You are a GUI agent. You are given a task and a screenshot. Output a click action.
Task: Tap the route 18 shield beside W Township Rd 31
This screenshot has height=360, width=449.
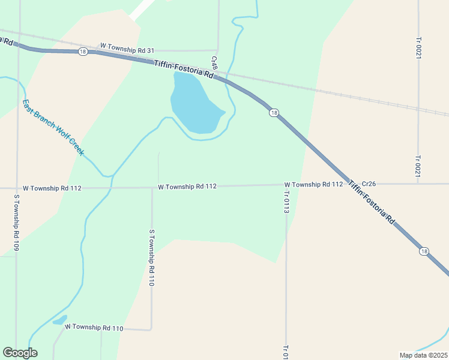coord(83,52)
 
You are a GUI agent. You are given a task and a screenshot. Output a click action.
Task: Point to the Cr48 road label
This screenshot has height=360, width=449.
coord(214,62)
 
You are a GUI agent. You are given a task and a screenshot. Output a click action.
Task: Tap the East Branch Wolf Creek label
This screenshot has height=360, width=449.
coord(53,127)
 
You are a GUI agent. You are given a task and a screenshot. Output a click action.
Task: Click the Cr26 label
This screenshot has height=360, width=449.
coord(369,184)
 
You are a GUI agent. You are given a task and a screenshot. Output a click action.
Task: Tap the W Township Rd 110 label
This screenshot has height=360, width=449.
coord(94,328)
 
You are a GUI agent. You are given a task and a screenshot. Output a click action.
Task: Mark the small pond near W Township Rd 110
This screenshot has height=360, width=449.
coord(60,320)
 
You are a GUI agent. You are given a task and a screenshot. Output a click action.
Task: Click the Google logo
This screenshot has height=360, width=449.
coord(20,353)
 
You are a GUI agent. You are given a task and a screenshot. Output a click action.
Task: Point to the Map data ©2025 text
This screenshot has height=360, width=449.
coord(423,355)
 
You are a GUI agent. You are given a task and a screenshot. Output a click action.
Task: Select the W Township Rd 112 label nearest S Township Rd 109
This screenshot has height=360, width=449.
coord(51,188)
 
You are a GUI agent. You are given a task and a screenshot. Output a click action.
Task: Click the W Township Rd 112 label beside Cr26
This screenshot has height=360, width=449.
coord(313,184)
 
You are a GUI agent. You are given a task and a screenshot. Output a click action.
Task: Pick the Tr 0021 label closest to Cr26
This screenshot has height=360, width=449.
coord(418,166)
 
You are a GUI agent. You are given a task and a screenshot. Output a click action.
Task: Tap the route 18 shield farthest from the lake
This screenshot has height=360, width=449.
coord(424,251)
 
